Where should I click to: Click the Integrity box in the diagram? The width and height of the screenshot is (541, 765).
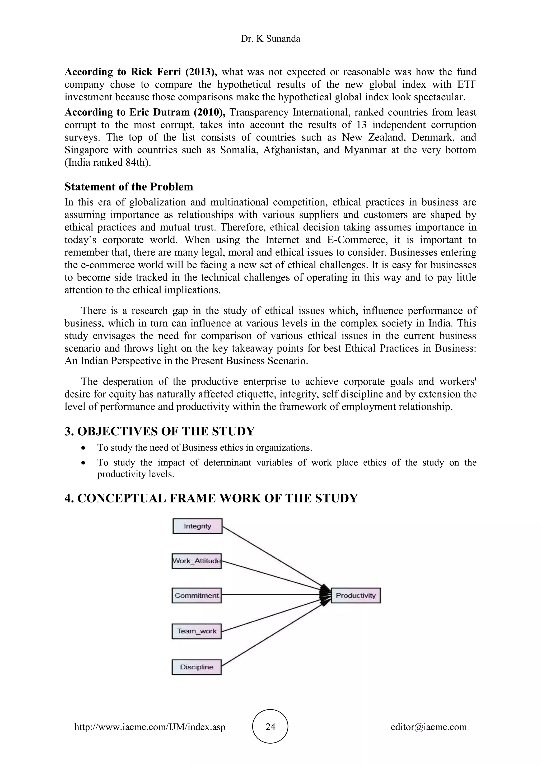[x=197, y=526]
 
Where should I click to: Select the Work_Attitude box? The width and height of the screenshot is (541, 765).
[x=197, y=561]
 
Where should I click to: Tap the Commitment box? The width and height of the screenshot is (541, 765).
[x=197, y=596]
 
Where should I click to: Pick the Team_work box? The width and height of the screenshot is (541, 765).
[x=197, y=631]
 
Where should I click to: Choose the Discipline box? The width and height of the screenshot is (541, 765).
[x=197, y=667]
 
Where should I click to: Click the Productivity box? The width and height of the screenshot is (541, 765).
[x=356, y=596]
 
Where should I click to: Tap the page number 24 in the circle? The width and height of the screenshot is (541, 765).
[x=270, y=727]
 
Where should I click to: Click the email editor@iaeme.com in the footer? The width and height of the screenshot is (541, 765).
[x=428, y=727]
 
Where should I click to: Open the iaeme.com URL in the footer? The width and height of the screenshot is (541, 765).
[x=150, y=727]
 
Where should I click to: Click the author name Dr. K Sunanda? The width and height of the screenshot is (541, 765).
[x=270, y=39]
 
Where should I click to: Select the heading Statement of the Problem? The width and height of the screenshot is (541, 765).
[x=129, y=186]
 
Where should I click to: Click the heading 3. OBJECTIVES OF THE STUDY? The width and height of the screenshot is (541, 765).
[x=159, y=431]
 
